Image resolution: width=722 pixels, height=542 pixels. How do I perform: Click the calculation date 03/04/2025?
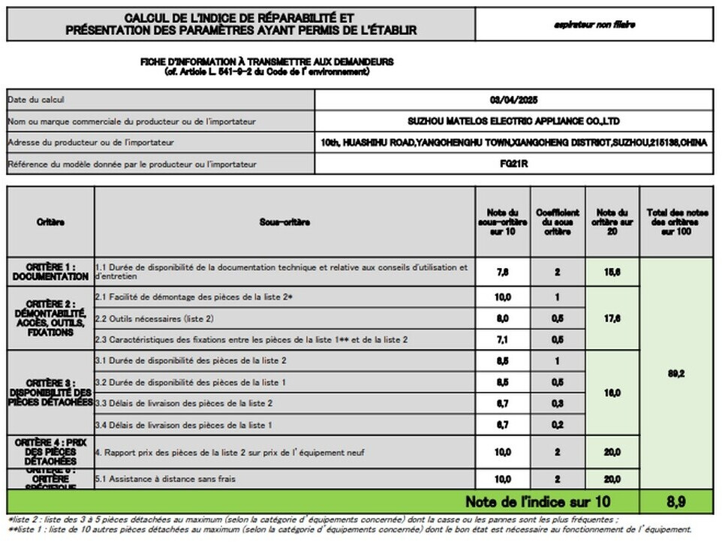tap(514, 100)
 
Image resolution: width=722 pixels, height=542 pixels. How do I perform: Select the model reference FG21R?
tap(514, 164)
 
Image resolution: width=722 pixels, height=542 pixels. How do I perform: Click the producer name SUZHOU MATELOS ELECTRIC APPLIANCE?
tap(514, 121)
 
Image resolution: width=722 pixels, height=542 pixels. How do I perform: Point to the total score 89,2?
tap(676, 373)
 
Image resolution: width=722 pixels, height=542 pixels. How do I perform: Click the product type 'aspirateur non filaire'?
tap(594, 24)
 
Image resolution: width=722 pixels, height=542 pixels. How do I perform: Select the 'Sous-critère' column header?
tap(284, 222)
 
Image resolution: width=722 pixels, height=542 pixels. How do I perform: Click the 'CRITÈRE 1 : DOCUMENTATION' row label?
tap(50, 272)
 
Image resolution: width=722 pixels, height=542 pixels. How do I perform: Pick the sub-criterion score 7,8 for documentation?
tap(503, 272)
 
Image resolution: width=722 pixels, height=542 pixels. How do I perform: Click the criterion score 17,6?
tap(612, 318)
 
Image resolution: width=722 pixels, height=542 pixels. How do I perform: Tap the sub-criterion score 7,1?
tap(503, 339)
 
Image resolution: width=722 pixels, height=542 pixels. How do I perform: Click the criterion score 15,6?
tap(612, 272)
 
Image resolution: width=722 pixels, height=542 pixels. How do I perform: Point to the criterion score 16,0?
tap(612, 393)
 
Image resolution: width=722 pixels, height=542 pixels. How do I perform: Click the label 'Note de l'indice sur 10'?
tap(537, 501)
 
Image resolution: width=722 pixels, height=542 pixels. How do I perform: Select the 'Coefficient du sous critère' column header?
tap(557, 222)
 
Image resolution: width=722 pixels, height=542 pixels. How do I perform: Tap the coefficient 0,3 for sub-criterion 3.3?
tap(557, 404)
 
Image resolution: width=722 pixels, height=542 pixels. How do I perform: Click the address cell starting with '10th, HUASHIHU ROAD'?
tap(514, 143)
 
